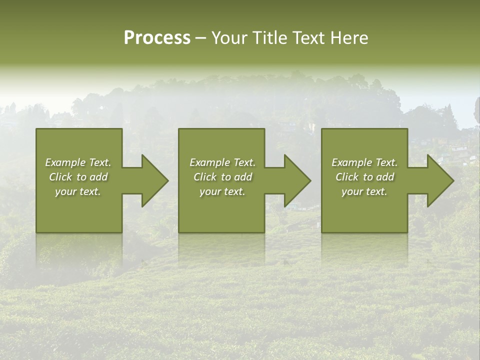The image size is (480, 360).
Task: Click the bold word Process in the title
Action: pos(157,38)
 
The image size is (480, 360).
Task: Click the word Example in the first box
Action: pos(65,162)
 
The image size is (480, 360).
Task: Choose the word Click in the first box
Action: pos(60,177)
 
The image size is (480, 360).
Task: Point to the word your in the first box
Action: pos(65,192)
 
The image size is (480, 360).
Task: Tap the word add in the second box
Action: pos(243,177)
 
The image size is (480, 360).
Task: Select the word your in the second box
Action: pos(209,192)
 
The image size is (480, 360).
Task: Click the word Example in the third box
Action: pos(351,162)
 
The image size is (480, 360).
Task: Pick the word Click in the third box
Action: pos(347,177)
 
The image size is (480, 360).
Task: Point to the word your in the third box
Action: pos(351,192)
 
